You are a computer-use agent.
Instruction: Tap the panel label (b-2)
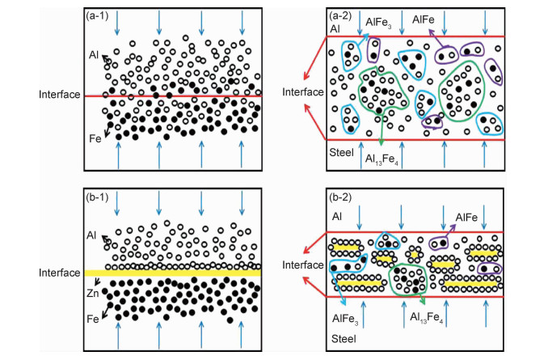344,197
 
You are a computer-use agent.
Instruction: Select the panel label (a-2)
344,15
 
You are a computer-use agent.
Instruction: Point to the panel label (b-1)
100,198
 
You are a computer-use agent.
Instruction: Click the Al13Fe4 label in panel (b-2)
428,319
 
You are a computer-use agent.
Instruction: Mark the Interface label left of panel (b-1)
59,273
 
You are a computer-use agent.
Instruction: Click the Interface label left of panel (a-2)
302,91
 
